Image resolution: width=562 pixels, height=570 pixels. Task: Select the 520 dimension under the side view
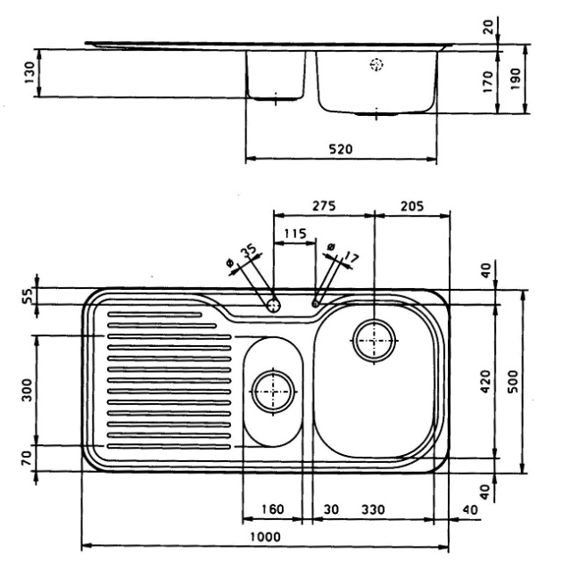tap(339, 150)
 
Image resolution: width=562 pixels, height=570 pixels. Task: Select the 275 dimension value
tap(323, 205)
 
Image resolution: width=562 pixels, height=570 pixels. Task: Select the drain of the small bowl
tap(271, 390)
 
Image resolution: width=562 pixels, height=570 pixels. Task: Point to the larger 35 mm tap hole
tap(273, 305)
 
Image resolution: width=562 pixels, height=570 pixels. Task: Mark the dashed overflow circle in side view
tap(376, 64)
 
